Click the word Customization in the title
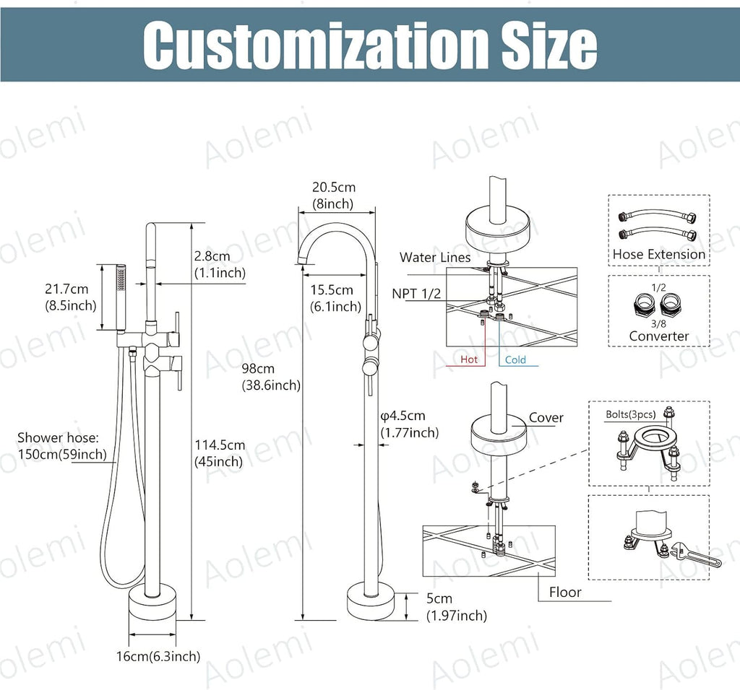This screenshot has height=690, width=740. click(x=316, y=45)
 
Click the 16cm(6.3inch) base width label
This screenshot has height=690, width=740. click(x=158, y=656)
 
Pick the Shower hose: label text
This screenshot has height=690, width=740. click(x=58, y=438)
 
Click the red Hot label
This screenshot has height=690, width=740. click(x=469, y=359)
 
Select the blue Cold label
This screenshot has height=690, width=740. click(x=515, y=360)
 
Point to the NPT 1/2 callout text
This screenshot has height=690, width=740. click(x=416, y=294)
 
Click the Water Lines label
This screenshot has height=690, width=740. click(x=435, y=258)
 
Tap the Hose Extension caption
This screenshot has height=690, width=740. click(x=659, y=255)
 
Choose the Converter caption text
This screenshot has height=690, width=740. click(x=659, y=336)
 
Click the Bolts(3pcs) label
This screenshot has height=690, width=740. click(x=631, y=414)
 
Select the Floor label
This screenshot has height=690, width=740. click(x=565, y=592)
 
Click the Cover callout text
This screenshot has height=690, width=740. click(x=546, y=418)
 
